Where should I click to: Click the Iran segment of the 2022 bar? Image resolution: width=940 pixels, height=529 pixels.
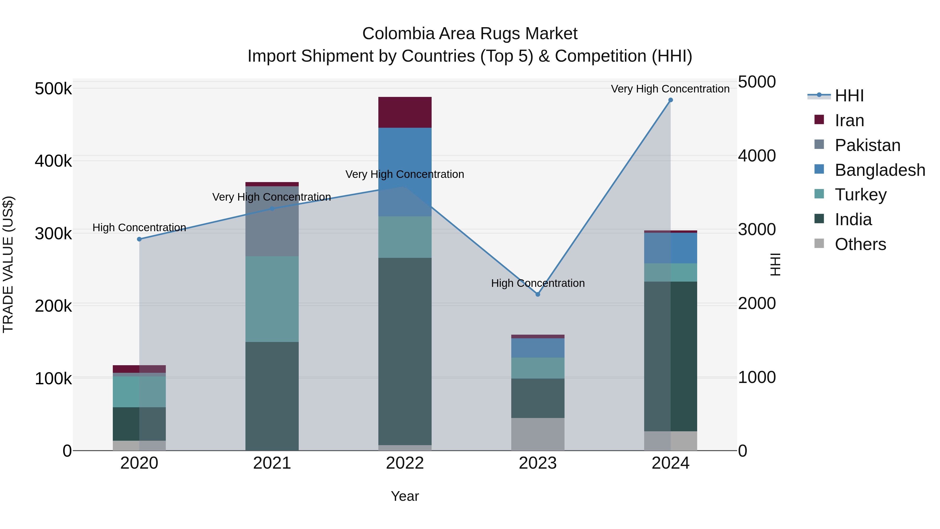[x=405, y=112]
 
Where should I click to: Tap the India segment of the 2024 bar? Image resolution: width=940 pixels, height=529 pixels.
[x=670, y=356]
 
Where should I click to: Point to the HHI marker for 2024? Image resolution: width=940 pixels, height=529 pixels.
[x=670, y=100]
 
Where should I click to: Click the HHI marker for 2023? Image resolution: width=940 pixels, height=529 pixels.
[x=538, y=294]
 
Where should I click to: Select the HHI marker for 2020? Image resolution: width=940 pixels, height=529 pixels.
[x=139, y=239]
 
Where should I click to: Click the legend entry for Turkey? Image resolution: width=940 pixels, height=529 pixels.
[x=860, y=195]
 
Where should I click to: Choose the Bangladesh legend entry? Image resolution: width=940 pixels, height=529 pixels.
[x=879, y=170]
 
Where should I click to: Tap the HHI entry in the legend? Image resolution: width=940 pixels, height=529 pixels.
[x=849, y=96]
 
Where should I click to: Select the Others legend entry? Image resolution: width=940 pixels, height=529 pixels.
[x=860, y=244]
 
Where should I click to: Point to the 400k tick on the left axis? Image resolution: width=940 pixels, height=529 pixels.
[x=53, y=161]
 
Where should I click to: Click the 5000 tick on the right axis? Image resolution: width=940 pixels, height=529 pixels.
[x=756, y=82]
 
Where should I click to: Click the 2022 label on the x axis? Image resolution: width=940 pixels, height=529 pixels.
[x=405, y=463]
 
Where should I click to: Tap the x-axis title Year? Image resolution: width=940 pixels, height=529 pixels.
[x=405, y=496]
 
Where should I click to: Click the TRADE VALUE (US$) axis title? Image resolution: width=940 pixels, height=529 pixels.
[x=8, y=264]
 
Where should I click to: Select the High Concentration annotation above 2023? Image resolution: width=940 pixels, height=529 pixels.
[x=538, y=283]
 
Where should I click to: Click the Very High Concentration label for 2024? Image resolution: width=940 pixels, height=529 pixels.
[x=670, y=89]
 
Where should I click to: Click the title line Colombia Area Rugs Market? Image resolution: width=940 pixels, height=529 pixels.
[x=470, y=34]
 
